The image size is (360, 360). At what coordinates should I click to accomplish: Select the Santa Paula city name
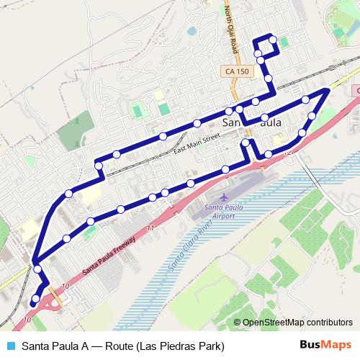coord(252,123)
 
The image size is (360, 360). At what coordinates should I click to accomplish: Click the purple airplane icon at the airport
coord(224,197)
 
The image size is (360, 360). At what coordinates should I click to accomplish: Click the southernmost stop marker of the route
coord(35,300)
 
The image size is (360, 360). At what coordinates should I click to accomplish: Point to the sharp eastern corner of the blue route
coord(328,89)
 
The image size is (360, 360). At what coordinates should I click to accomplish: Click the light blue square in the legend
coord(9,345)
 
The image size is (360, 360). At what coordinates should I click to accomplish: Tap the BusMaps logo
coord(325,345)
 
